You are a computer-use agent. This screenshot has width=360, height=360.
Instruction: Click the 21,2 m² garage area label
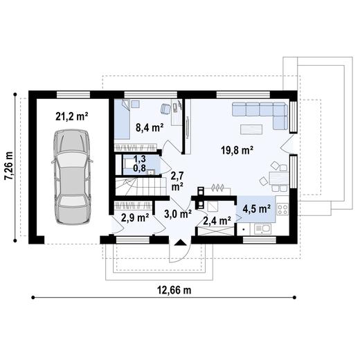[72, 116]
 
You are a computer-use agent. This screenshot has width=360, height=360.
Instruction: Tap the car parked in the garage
[72, 177]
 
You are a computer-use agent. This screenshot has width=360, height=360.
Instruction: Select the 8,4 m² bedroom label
[150, 127]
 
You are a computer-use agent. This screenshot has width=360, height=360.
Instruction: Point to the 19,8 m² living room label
[237, 151]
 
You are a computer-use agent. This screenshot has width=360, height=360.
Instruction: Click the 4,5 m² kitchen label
[257, 209]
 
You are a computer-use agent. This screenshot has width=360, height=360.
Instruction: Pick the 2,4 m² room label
[217, 221]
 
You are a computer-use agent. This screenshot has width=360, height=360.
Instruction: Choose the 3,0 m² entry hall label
[178, 214]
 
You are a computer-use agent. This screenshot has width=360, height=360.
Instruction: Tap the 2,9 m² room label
[135, 217]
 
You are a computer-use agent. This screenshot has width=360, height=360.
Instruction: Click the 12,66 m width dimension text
[174, 290]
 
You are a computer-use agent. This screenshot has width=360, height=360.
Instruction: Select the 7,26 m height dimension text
[9, 165]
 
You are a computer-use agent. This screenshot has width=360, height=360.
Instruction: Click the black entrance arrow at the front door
[181, 242]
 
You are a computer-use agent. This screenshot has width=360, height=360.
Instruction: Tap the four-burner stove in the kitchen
[282, 209]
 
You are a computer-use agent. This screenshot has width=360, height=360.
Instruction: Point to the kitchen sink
[262, 229]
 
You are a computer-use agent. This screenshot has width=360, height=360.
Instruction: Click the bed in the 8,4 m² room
[123, 119]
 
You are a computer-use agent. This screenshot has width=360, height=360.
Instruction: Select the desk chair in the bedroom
[165, 109]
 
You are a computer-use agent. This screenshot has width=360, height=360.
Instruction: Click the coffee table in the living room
[251, 129]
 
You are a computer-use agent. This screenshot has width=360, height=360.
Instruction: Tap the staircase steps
[141, 186]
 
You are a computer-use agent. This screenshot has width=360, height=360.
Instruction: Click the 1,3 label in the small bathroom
[140, 159]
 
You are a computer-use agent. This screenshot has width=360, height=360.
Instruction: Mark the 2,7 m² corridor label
[177, 181]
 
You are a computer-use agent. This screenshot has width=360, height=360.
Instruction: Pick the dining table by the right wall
[279, 178]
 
